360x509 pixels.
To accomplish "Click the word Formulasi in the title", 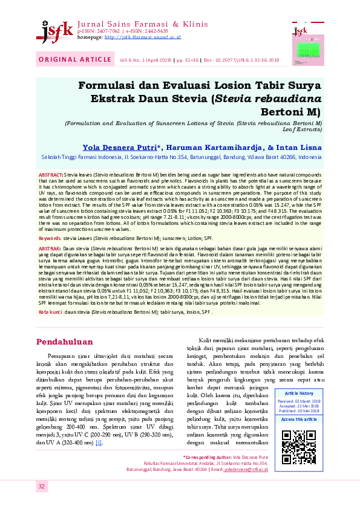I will [125, 86].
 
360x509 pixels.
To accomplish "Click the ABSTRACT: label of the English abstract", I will [50, 173].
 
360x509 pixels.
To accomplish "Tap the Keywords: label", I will [50, 239].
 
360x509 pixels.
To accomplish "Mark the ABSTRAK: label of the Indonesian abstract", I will [50, 249].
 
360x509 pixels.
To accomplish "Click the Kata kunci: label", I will [51, 312].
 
